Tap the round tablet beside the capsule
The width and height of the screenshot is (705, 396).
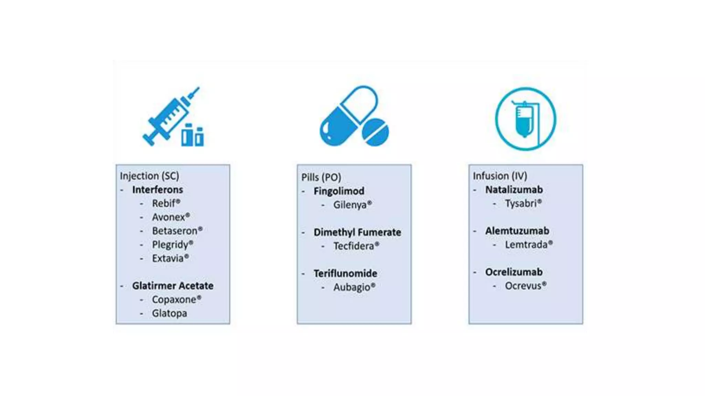coord(376,132)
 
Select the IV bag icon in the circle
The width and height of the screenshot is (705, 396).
coord(525,119)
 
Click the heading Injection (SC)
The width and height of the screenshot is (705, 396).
coord(149,176)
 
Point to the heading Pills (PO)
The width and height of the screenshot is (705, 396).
coord(321,177)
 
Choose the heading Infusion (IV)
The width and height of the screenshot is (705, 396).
coord(500,176)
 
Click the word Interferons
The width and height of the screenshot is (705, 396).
coord(158,190)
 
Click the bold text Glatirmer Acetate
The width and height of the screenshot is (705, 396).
coord(173,286)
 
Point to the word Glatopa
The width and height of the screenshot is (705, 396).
coord(170,313)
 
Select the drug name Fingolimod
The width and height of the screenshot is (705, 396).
coord(339,191)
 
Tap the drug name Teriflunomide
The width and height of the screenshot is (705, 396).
coord(345,274)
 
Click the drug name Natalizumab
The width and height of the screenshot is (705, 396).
coord(514,190)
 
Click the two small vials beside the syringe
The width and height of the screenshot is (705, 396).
coord(192,135)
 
